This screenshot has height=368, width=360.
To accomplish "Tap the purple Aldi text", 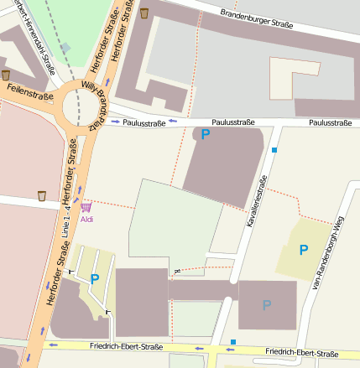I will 87,219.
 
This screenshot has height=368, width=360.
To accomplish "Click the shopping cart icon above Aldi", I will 86,206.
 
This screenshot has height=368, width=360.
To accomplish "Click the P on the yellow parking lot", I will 303,249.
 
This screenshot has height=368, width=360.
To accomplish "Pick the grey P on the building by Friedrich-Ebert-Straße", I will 267,305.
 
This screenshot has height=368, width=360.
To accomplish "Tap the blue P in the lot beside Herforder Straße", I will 95,279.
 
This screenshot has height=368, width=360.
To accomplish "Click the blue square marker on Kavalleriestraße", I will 274,150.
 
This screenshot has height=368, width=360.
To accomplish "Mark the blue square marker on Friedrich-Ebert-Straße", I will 232,342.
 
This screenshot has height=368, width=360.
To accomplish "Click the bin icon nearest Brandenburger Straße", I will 144,13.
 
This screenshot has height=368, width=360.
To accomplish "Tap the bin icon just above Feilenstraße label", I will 6,75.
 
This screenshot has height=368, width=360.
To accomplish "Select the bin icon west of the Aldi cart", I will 42,196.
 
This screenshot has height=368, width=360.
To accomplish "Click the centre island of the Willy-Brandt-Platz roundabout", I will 80,107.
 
